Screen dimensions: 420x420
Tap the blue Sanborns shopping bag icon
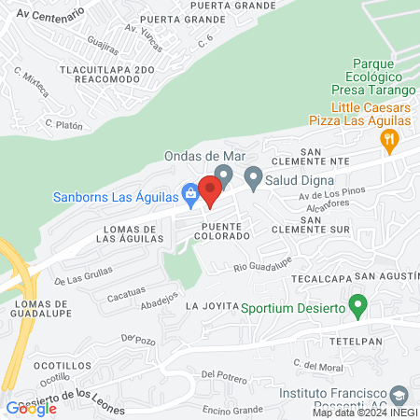click(189, 195)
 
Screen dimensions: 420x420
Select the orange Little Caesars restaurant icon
click(390, 142)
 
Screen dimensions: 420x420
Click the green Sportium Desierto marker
click(357, 305)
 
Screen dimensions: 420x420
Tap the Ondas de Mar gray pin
click(223, 175)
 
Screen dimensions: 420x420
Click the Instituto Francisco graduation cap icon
click(399, 395)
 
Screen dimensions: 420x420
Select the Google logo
click(32, 408)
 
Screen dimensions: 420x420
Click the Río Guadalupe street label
click(263, 267)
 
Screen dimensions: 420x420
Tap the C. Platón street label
click(64, 123)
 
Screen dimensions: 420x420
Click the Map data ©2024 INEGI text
click(364, 413)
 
